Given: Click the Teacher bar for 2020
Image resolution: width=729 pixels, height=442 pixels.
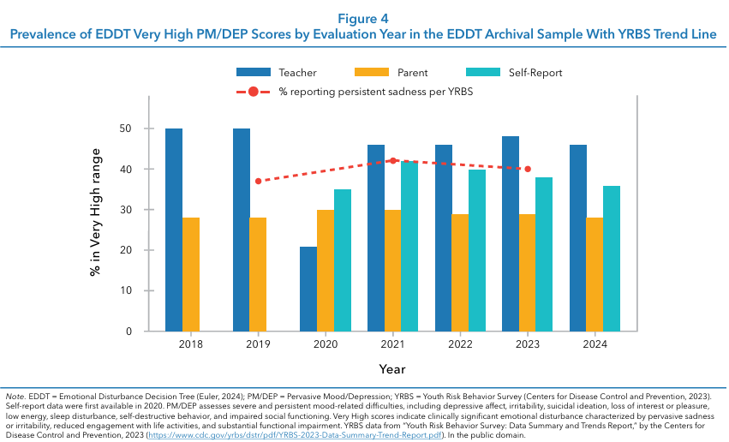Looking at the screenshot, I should tap(308, 289).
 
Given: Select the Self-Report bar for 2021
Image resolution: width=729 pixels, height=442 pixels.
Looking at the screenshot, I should tap(409, 246).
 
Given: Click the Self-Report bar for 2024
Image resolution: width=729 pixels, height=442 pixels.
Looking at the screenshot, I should tap(611, 258).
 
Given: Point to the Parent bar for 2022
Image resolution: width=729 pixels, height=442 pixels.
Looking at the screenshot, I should tap(460, 272).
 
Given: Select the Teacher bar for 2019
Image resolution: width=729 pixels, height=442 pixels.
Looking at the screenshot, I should tap(242, 230).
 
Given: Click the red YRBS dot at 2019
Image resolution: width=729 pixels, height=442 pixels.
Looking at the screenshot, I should tap(258, 181).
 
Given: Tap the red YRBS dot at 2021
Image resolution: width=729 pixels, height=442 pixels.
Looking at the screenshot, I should tap(393, 160).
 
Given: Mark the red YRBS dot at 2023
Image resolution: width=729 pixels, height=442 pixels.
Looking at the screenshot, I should tap(528, 169).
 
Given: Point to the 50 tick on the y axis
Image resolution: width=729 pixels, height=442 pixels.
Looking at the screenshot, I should tap(125, 128).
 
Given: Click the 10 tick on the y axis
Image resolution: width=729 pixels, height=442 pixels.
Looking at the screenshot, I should tap(125, 290).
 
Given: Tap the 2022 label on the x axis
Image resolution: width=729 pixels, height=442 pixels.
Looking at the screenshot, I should tap(461, 344).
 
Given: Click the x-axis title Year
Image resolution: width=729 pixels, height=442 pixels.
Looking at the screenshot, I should tap(393, 369).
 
